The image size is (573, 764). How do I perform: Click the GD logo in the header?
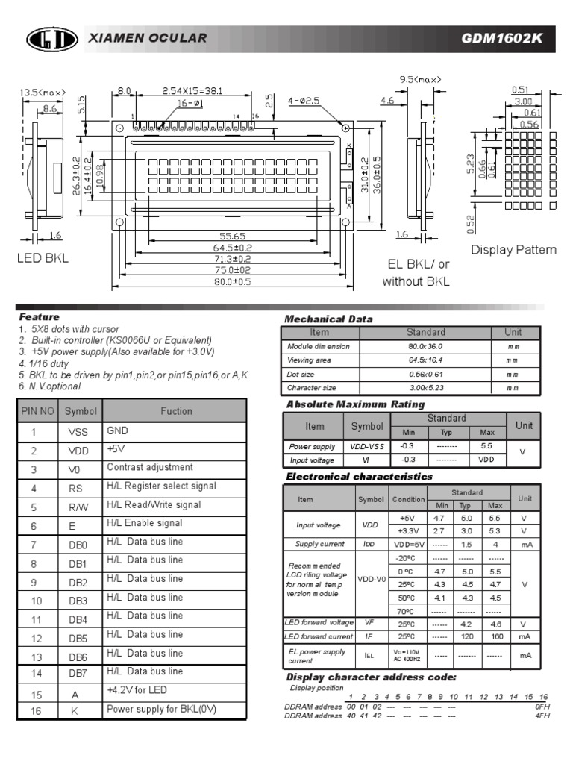click(52, 39)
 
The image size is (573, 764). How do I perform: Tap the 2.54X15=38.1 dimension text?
click(192, 91)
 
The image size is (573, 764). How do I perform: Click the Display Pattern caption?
click(513, 250)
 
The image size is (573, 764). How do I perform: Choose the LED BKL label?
click(43, 258)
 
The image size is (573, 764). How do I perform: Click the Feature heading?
click(40, 316)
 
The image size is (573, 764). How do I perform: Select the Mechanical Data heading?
click(328, 319)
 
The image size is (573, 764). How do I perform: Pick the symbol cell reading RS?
click(78, 487)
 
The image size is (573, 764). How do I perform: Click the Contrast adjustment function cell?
click(150, 468)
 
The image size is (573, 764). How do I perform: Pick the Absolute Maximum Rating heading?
click(355, 404)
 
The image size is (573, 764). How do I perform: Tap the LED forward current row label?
click(319, 636)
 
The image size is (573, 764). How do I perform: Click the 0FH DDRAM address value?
click(542, 706)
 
